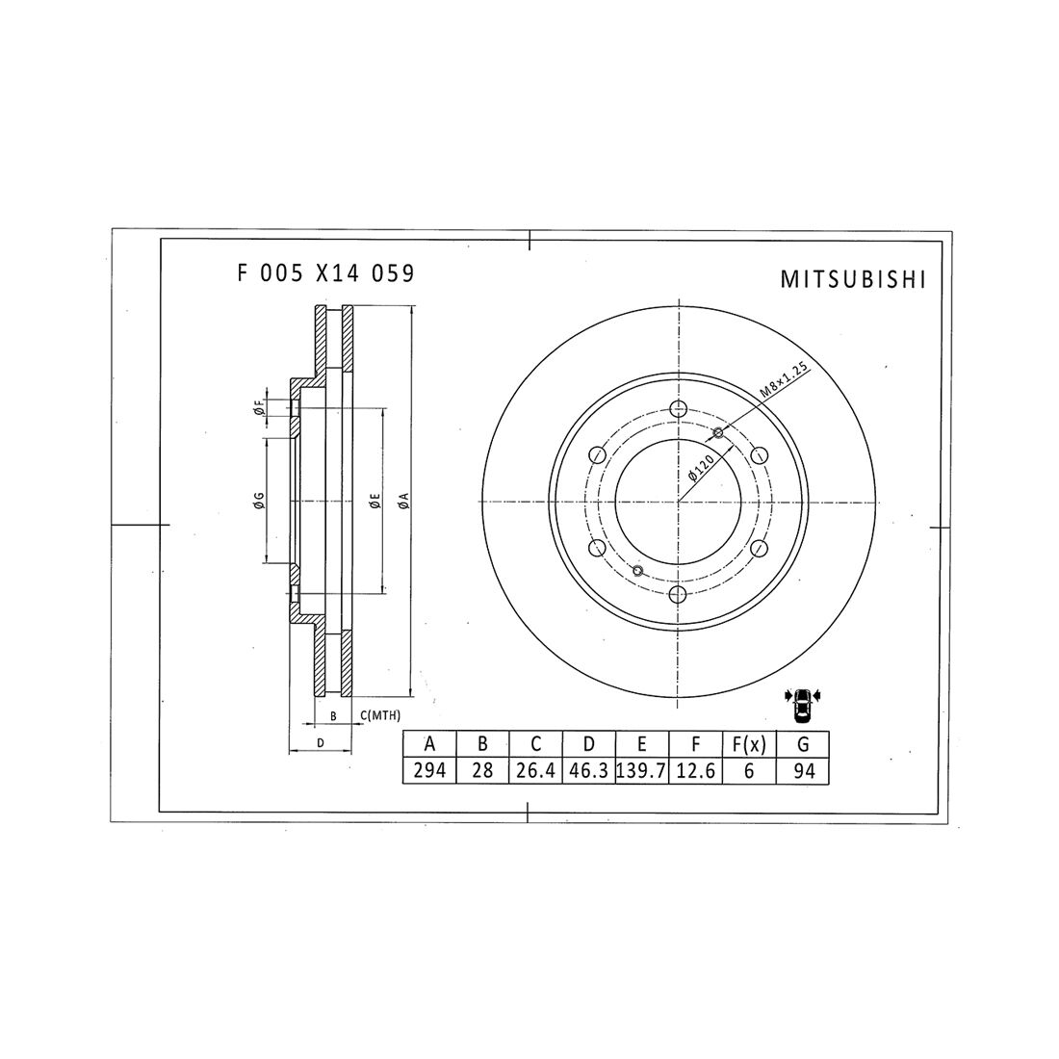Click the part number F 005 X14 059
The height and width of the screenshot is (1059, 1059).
point(325,273)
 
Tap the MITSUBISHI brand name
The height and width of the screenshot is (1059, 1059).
point(852,280)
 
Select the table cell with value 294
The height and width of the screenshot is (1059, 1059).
point(429,772)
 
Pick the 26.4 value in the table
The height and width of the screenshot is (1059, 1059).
point(535,772)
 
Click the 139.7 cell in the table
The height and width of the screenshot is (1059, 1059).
point(641,772)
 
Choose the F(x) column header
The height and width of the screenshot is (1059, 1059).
point(748,744)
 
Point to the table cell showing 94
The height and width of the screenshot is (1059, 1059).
point(802,772)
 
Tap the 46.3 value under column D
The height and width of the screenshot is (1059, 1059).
point(588,772)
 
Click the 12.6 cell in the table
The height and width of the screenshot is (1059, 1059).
point(695,772)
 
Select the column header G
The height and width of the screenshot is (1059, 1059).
point(802,744)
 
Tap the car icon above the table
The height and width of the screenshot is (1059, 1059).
point(801,708)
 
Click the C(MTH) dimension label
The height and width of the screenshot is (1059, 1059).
point(381,716)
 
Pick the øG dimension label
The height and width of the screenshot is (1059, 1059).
point(259,501)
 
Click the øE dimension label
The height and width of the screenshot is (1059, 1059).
point(375,501)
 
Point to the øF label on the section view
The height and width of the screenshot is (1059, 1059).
point(260,412)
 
